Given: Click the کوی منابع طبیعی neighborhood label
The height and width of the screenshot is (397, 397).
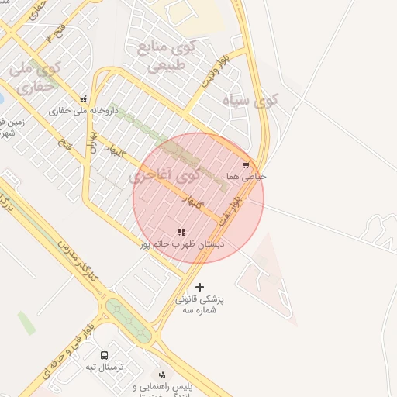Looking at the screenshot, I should tap(166, 56).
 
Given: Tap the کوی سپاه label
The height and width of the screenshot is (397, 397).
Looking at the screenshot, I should tap(250, 100).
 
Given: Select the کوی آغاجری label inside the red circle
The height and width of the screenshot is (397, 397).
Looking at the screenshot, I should tap(164, 176).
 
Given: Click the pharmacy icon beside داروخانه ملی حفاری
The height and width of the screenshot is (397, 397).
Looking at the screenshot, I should tap(83, 99).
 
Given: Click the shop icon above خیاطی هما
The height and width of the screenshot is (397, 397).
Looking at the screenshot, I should tap(246, 164).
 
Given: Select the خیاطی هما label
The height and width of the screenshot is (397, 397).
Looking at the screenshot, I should tap(246, 177).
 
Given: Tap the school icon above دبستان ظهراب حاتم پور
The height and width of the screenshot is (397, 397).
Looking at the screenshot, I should tap(181, 232).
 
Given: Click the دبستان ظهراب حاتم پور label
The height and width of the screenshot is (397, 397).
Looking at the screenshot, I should tap(181, 244).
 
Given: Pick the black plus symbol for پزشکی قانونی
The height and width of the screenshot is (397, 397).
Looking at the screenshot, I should tap(200, 287).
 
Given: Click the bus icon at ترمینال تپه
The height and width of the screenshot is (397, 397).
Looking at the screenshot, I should tap(104, 355).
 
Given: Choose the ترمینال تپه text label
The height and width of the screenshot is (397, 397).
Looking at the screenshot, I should tap(104, 367).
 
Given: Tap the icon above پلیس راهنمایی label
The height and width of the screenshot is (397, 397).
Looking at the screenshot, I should tap(161, 375).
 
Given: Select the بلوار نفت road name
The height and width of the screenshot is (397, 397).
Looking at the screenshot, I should tap(230, 211).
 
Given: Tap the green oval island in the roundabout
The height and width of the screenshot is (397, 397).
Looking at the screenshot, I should tap(129, 318).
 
